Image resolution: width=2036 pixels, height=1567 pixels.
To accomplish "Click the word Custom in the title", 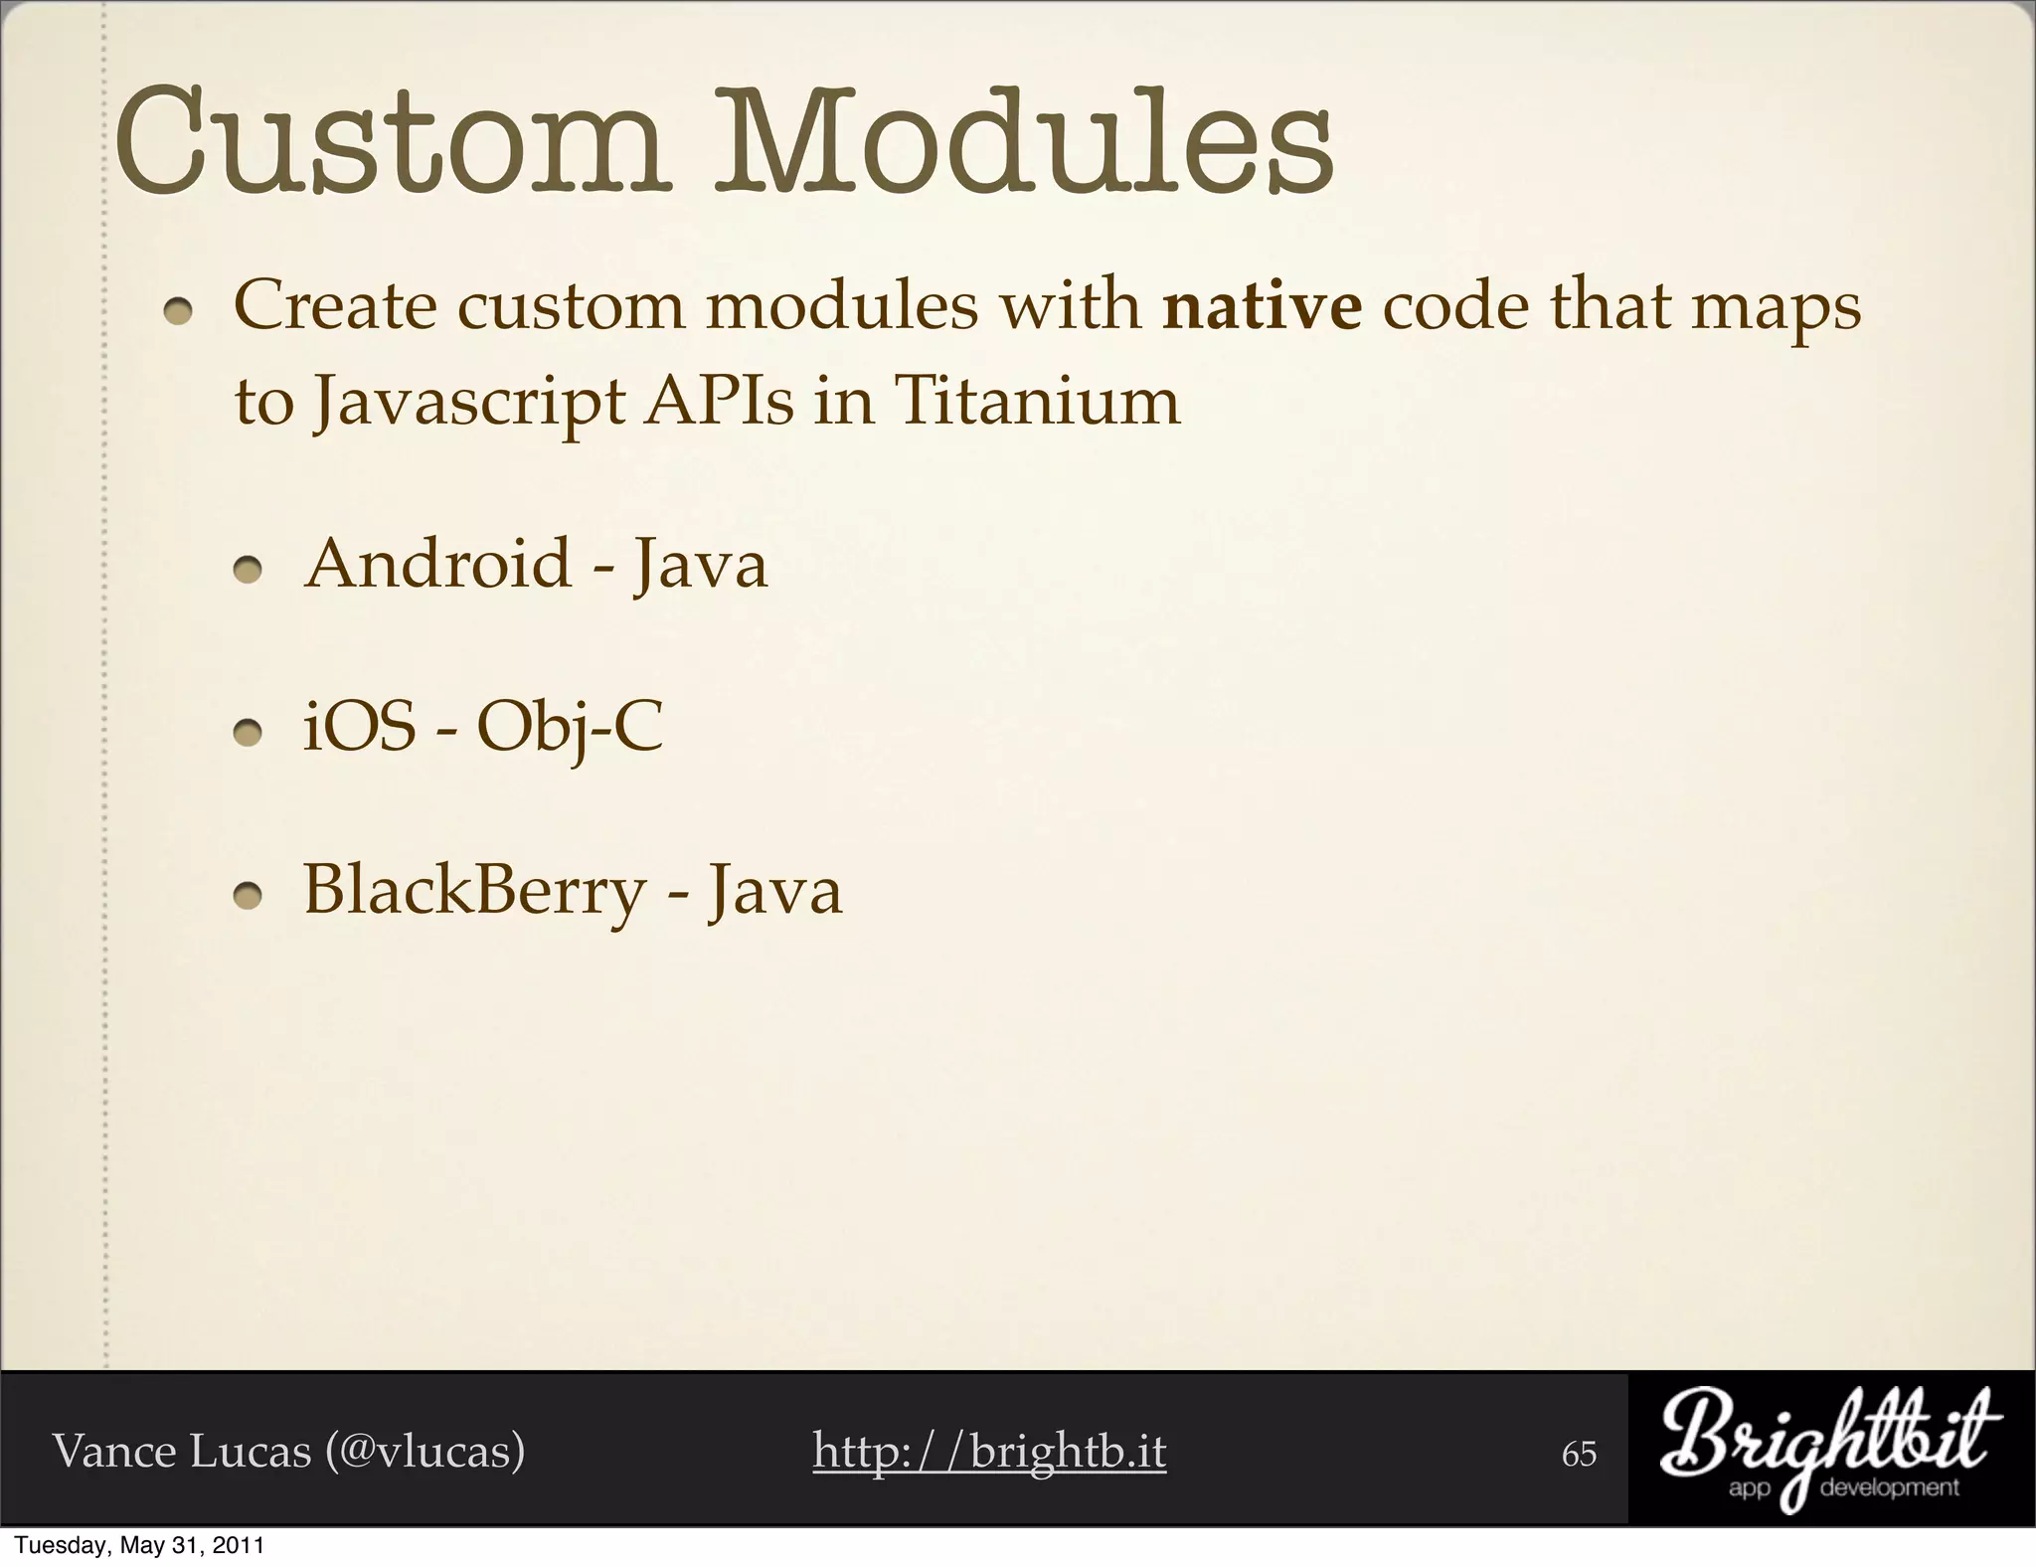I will coord(388,142).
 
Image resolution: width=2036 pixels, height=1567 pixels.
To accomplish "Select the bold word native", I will coord(1263,305).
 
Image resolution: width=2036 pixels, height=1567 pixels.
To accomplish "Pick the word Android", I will coord(437,564).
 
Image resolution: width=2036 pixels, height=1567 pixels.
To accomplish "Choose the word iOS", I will coord(359,727).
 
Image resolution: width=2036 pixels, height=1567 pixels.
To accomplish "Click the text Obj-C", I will coord(570,729).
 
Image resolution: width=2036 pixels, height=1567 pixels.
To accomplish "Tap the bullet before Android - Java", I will coord(248,571).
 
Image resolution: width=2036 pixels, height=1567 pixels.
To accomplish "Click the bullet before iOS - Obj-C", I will coord(248,734).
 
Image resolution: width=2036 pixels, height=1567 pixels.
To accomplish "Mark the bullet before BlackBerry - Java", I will coord(248,897).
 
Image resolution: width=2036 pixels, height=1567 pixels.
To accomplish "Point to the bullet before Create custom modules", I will coord(179,312).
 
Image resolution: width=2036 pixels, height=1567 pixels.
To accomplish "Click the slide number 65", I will coord(1579,1454).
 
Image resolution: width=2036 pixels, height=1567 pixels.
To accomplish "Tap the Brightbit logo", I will coord(1830,1451).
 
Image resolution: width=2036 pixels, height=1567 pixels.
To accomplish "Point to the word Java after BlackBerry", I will coord(774,890).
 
